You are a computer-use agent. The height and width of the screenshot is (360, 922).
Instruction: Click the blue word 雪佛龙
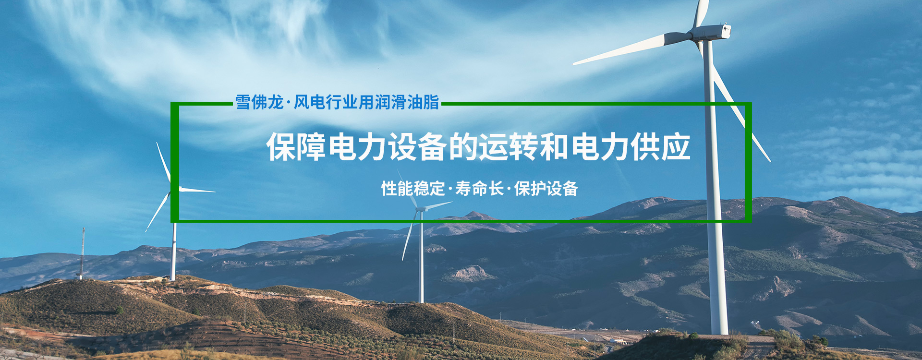(x=259, y=102)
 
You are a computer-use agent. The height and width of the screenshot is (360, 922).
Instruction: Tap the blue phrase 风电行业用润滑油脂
(x=366, y=102)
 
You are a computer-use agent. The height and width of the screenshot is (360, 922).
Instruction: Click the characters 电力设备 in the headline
(x=388, y=147)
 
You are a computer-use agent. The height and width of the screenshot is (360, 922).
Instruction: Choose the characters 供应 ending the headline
(x=660, y=147)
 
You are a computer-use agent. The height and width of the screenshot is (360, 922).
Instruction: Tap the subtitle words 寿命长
(x=479, y=189)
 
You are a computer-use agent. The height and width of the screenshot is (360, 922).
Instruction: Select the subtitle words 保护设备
(x=546, y=189)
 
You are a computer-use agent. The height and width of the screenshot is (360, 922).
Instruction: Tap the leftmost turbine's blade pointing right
(x=197, y=191)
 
